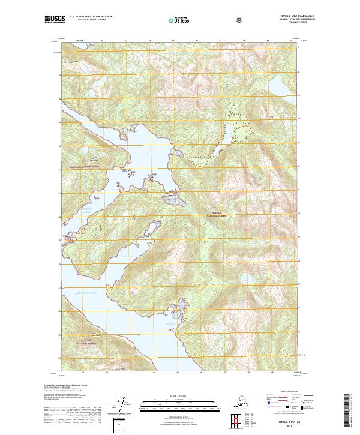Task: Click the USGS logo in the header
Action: pos(55,19)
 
